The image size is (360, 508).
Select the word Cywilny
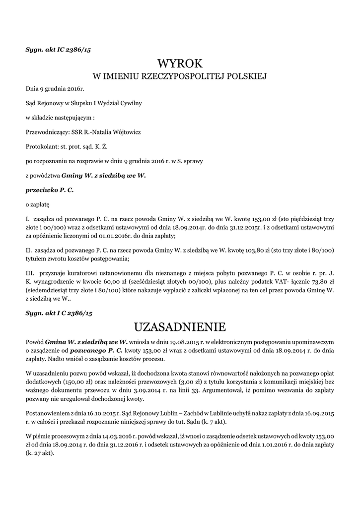[x=131, y=103]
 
